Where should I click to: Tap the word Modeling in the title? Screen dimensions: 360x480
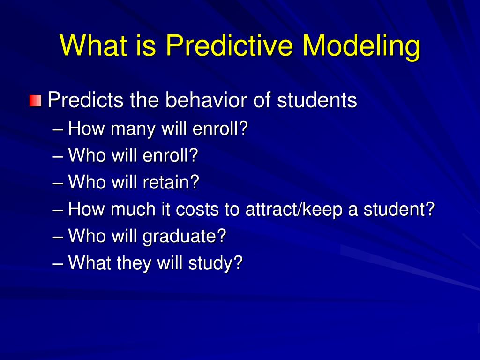click(361, 46)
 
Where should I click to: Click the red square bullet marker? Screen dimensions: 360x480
click(35, 100)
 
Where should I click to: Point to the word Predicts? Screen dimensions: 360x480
click(86, 100)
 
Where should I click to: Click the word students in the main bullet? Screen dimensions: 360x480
click(317, 100)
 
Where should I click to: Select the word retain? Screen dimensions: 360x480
click(171, 182)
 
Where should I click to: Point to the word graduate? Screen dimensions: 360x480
click(184, 236)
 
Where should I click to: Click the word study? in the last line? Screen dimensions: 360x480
click(215, 263)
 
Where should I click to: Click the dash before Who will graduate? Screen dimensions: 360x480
click(58, 236)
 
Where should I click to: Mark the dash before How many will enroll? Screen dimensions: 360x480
click(58, 128)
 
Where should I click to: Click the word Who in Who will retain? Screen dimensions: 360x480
click(87, 182)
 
